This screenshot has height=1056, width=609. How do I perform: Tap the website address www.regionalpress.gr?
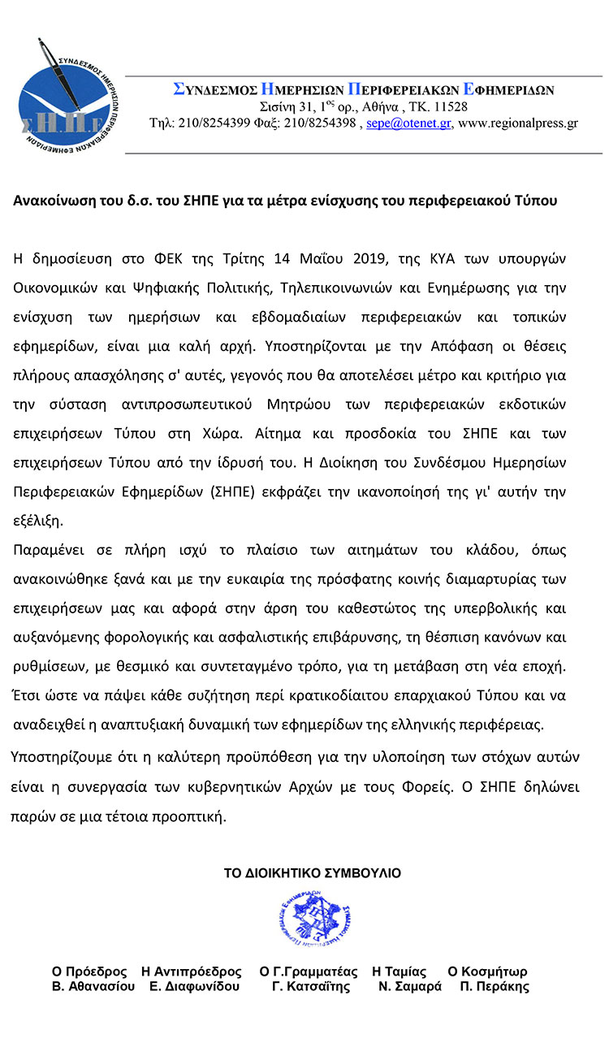pyautogui.click(x=518, y=123)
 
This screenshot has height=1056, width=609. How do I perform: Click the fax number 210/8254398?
pyautogui.click(x=318, y=123)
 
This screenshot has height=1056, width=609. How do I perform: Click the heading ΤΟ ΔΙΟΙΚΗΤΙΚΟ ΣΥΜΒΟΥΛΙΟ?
pyautogui.click(x=313, y=873)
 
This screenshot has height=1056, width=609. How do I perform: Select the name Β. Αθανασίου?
pyautogui.click(x=93, y=987)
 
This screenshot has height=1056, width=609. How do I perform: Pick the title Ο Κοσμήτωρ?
pyautogui.click(x=487, y=972)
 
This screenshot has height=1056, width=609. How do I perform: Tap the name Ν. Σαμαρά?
pyautogui.click(x=410, y=987)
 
